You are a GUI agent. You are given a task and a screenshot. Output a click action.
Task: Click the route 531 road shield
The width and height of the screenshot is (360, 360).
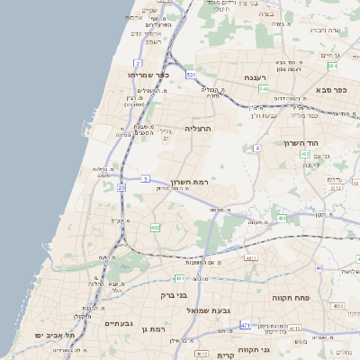pos(192,75)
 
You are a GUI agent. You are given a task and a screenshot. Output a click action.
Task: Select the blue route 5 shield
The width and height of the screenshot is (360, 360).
pos(145,178)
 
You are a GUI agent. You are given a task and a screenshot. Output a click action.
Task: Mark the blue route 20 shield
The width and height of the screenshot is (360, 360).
pos(121,187)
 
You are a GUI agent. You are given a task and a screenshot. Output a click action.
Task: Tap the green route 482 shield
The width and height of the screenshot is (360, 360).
pos(155,227)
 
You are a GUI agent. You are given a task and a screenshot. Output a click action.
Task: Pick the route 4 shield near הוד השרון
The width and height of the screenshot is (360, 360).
pos(256,148)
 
